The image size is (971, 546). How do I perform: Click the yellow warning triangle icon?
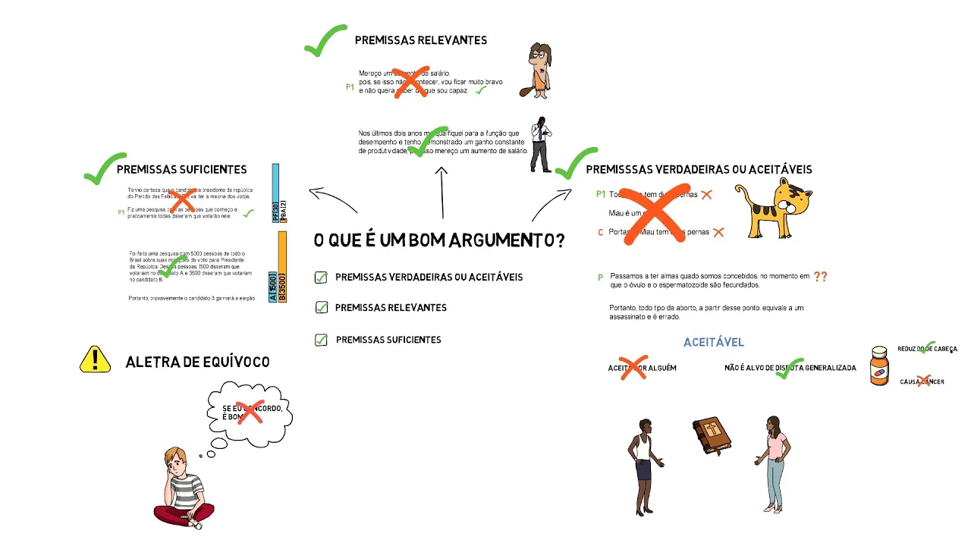point(95,359)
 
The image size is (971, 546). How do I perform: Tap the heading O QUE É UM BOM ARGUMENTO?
point(439,241)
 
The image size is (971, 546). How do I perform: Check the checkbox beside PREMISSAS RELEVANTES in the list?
point(321,307)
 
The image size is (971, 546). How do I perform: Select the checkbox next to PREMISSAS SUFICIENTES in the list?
point(321,340)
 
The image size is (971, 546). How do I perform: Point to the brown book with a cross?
point(711,435)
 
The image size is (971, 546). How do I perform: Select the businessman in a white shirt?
point(540,144)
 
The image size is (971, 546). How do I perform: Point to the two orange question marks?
point(820,277)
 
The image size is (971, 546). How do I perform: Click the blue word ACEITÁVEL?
point(713,343)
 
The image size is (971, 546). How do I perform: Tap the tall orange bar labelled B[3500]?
point(282,267)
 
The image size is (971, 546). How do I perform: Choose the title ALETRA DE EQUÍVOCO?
point(197,362)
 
